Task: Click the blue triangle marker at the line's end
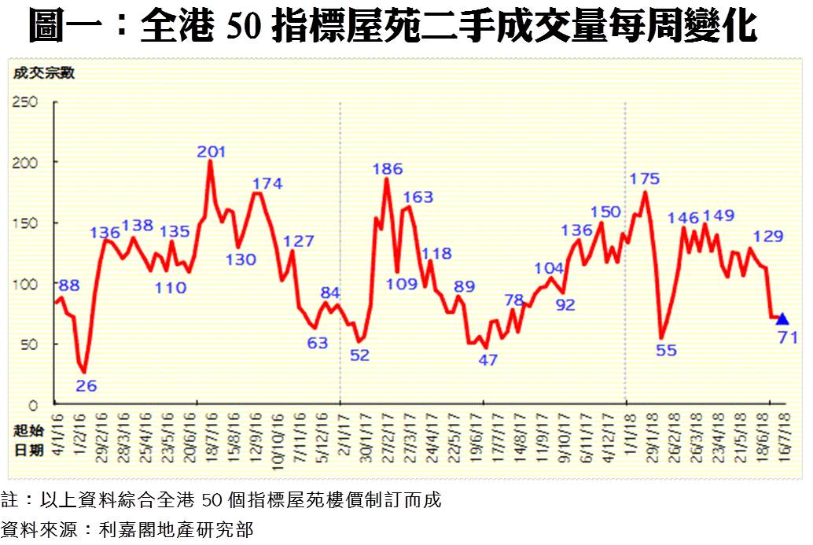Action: [782, 319]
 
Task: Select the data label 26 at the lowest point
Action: [87, 385]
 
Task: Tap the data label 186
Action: [388, 168]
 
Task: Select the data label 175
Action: [646, 179]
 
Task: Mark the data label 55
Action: [666, 351]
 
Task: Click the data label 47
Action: [488, 360]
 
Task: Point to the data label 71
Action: [788, 337]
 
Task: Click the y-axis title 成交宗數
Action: [42, 74]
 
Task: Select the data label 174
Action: [267, 184]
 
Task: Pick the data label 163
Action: [418, 197]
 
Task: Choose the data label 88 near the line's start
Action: [68, 285]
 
